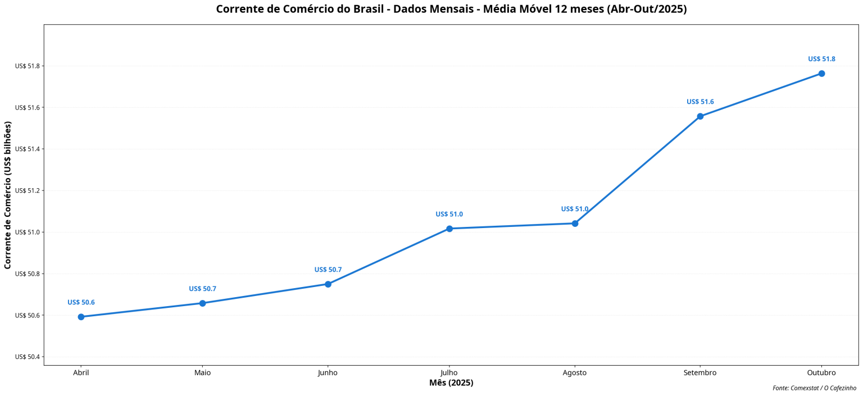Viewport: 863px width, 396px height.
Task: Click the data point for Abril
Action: pyautogui.click(x=81, y=317)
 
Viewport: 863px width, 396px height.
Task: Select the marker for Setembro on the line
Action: pyautogui.click(x=700, y=116)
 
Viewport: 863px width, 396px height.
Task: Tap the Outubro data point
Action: pyautogui.click(x=821, y=74)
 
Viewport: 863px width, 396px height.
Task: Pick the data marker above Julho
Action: pyautogui.click(x=449, y=229)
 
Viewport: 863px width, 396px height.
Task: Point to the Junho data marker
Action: pyautogui.click(x=328, y=284)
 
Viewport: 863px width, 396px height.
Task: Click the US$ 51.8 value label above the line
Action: pyautogui.click(x=821, y=59)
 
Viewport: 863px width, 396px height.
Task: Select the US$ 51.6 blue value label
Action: pyautogui.click(x=700, y=102)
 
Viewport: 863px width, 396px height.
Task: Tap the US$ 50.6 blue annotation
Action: pyautogui.click(x=81, y=302)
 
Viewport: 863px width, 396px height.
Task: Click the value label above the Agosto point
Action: pyautogui.click(x=575, y=209)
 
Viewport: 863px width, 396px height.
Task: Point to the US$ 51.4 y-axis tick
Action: pyautogui.click(x=28, y=149)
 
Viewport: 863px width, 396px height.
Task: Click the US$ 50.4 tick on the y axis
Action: pyautogui.click(x=28, y=357)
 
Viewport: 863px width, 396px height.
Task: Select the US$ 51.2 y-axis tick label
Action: pyautogui.click(x=28, y=190)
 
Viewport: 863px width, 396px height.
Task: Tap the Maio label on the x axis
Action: pyautogui.click(x=202, y=373)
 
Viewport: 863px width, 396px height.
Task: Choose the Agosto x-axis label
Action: pyautogui.click(x=575, y=373)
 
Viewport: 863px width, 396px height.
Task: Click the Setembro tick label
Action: pyautogui.click(x=700, y=373)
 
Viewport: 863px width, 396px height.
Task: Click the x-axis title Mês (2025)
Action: pyautogui.click(x=451, y=383)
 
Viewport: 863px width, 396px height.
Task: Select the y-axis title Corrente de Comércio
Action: pyautogui.click(x=8, y=195)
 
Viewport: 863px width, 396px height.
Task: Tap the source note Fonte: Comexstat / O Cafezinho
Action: pyautogui.click(x=814, y=388)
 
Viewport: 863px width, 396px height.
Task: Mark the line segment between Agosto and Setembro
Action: pyautogui.click(x=638, y=170)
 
